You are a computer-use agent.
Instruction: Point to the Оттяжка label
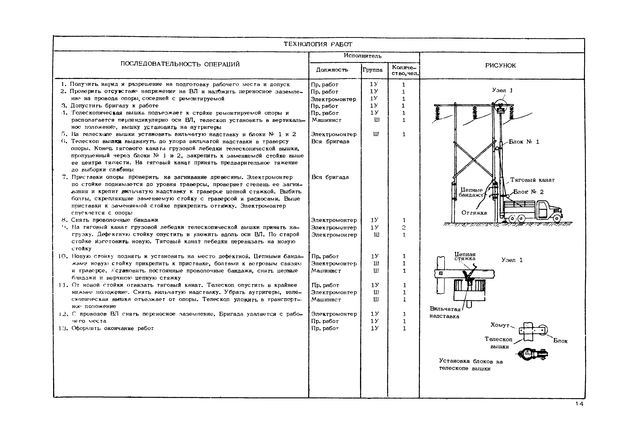click(x=474, y=213)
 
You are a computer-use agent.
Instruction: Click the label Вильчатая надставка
click(x=445, y=312)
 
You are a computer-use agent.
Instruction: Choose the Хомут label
click(x=500, y=325)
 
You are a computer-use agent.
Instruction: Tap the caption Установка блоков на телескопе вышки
click(x=471, y=365)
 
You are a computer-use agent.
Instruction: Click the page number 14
click(x=579, y=404)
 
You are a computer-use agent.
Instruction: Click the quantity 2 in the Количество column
click(x=404, y=227)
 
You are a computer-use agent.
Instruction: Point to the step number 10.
click(x=62, y=256)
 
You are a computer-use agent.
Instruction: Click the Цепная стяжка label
click(x=465, y=256)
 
